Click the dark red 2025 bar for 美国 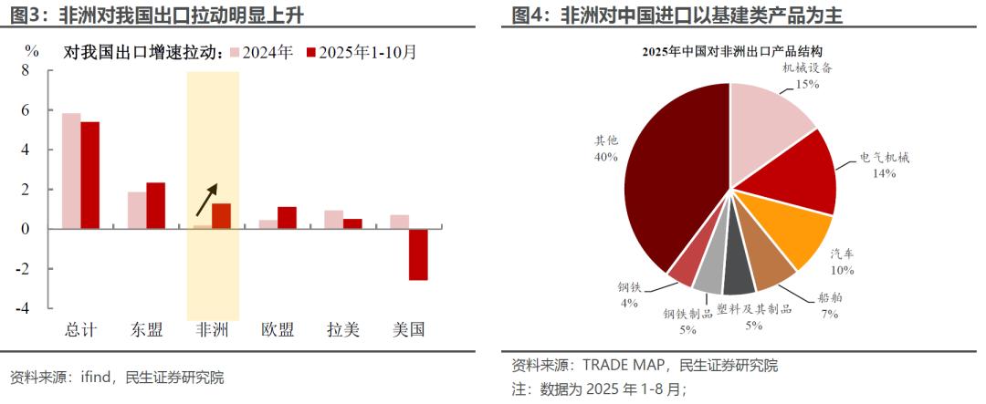[x=418, y=254]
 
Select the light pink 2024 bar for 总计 [x=71, y=171]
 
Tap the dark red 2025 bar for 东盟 [x=155, y=205]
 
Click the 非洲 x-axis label [x=213, y=330]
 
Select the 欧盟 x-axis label [x=278, y=330]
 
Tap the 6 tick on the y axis [x=26, y=110]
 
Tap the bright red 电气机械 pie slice [x=803, y=173]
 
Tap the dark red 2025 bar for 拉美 [x=352, y=223]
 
